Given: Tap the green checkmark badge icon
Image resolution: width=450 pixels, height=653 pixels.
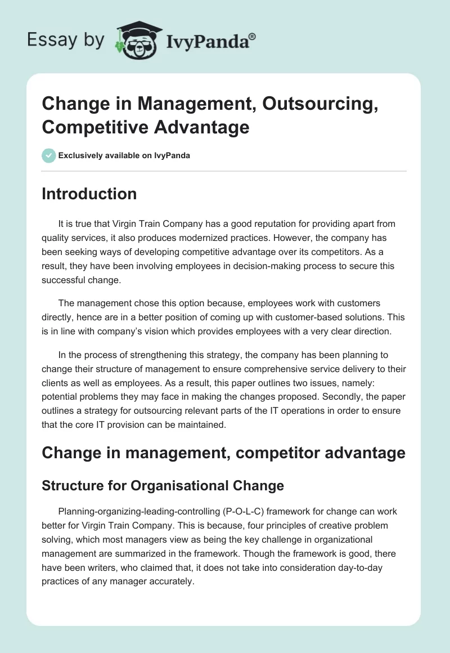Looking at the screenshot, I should point(49,155).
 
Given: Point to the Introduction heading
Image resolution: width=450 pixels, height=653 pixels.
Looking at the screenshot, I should point(89,194).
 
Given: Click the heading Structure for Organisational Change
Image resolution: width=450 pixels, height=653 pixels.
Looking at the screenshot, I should point(163,485).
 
